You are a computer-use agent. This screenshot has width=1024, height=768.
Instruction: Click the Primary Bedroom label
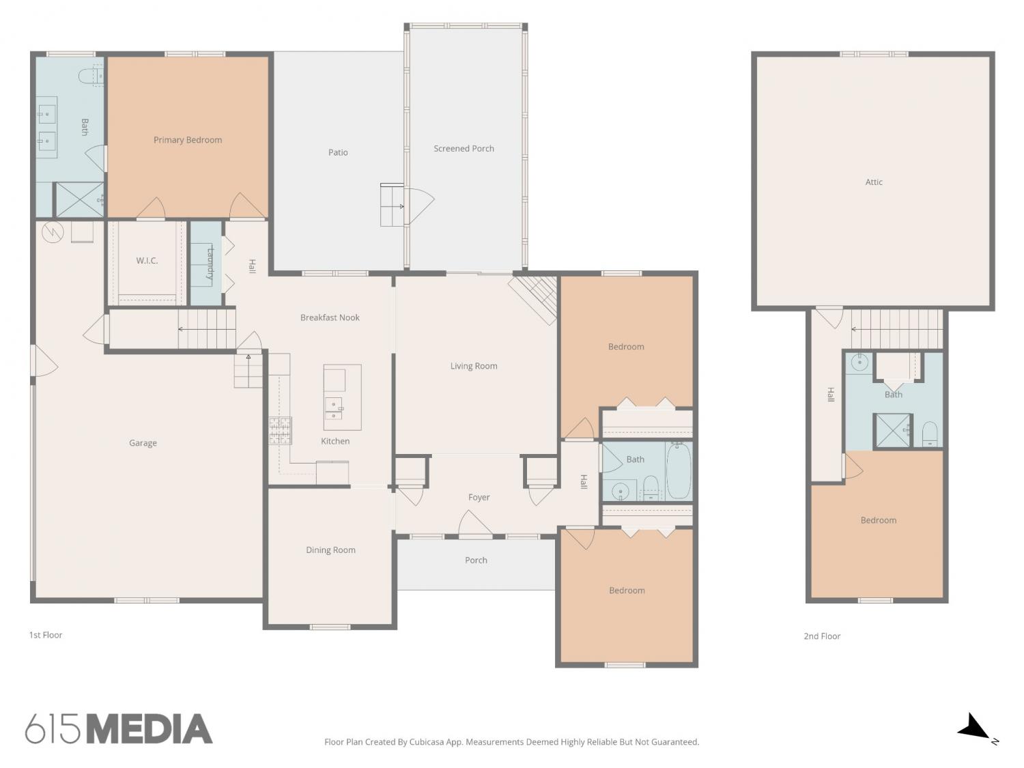point(188,140)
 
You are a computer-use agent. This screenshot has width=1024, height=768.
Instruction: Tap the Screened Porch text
point(464,148)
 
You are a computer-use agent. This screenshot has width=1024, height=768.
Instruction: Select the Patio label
point(338,152)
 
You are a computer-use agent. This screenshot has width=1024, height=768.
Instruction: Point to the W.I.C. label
point(147,260)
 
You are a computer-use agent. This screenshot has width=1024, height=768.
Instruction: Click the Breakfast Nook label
point(330,317)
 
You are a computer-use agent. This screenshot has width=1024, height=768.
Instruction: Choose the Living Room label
point(474,366)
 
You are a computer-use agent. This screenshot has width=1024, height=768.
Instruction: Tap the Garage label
point(143,443)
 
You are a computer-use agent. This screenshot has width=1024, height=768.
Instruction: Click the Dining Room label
point(330,550)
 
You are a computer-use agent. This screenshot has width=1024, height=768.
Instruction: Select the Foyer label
point(479,498)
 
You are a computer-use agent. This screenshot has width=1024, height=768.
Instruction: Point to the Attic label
point(874,182)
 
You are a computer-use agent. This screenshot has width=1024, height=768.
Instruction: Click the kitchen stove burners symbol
point(281,430)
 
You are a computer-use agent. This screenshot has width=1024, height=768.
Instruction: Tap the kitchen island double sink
point(334,409)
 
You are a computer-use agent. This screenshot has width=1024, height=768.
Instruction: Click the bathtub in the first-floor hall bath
point(679,470)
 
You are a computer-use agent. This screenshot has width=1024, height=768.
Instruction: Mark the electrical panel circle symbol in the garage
point(53,231)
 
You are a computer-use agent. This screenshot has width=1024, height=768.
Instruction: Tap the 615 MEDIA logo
point(119,729)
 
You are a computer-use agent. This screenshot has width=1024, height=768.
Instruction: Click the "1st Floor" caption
point(46,635)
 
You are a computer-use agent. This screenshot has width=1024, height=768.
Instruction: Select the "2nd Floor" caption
point(822,636)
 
